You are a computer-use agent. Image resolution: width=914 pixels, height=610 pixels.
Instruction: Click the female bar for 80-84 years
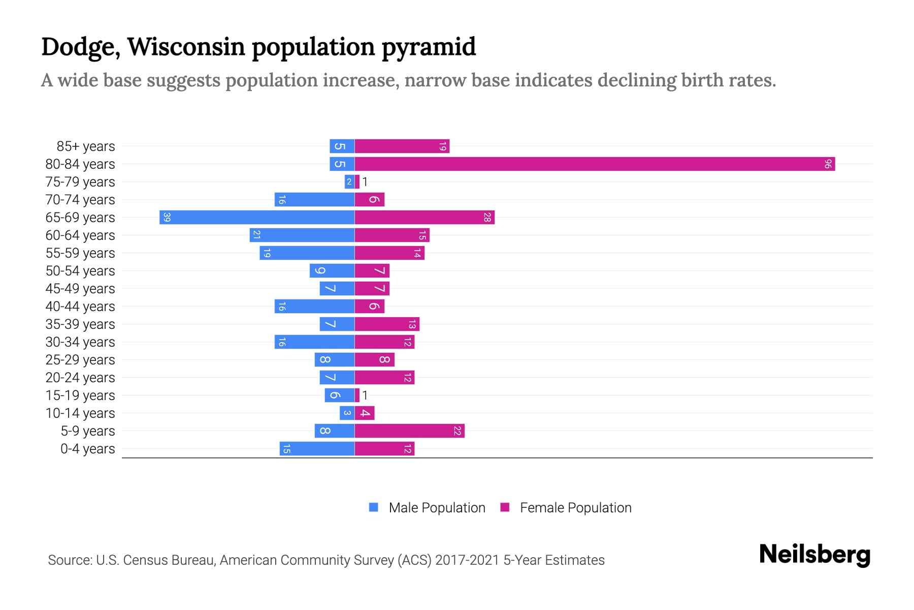[594, 164]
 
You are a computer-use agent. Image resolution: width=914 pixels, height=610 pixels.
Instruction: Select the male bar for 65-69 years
[257, 218]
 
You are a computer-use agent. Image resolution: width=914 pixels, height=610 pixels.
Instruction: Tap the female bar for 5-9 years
[409, 431]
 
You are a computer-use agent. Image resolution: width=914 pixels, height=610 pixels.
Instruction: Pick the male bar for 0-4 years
[317, 449]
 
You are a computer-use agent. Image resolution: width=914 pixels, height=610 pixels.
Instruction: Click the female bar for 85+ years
[402, 146]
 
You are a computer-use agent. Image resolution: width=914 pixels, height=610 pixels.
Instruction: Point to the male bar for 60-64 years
[302, 235]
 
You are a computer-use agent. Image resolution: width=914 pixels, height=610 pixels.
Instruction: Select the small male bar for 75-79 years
[349, 182]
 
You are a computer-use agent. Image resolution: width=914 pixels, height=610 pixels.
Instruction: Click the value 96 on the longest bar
[828, 164]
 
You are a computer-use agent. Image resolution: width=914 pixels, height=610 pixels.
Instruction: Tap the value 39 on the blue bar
[167, 218]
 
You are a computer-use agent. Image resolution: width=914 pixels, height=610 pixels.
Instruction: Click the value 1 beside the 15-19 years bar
[365, 395]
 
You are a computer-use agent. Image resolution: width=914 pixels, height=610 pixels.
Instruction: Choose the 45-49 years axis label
[80, 289]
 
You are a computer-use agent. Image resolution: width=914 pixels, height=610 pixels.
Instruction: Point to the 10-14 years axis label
[80, 413]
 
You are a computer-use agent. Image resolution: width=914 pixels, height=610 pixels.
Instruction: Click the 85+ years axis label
[86, 146]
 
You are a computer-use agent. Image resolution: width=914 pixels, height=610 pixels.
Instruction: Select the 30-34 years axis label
[80, 342]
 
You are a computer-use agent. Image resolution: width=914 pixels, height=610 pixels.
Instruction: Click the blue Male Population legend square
[374, 507]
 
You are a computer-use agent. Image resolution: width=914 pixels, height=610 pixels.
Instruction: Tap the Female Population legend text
[575, 507]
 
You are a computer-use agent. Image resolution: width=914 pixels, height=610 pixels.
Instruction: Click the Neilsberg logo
[814, 555]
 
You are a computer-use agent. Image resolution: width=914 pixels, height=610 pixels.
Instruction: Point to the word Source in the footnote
[70, 560]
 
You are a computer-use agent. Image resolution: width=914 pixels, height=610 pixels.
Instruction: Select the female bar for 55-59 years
[389, 253]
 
